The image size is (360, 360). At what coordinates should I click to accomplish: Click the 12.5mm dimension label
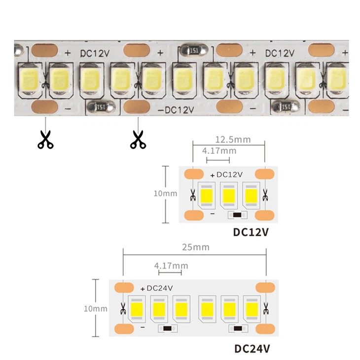coord(233,140)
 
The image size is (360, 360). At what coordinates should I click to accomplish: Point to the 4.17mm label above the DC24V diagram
coord(171,266)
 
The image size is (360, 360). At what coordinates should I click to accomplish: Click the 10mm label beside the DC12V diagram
coord(165,194)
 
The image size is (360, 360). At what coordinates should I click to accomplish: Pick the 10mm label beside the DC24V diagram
coord(95,309)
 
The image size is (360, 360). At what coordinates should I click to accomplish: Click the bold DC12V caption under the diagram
coord(251,232)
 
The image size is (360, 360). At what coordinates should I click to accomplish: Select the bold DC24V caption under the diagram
coord(252,349)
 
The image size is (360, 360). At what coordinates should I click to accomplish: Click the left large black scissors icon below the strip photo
coord(45,139)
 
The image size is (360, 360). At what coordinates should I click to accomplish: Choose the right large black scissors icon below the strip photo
coord(138,139)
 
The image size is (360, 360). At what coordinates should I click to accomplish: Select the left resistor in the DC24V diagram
coord(168,329)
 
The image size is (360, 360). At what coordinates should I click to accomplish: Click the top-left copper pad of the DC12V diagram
coord(194,175)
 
